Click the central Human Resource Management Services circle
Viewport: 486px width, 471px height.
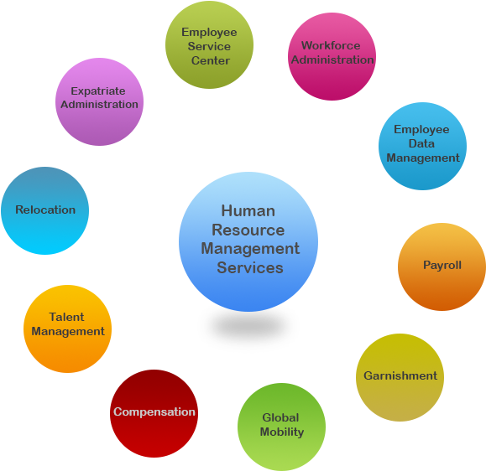(x=248, y=241)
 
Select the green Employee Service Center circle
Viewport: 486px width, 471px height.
(x=209, y=45)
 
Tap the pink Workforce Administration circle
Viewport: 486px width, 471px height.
(x=332, y=56)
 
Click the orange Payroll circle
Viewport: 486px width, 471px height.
(x=442, y=267)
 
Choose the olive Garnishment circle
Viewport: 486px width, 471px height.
(x=400, y=377)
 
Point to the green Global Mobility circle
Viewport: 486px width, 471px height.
(x=281, y=427)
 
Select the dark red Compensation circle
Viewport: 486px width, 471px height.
(x=154, y=413)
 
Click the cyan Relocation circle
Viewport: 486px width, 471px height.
(x=44, y=210)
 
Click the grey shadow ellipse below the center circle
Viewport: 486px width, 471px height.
(x=248, y=328)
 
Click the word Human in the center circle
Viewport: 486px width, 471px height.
(x=248, y=211)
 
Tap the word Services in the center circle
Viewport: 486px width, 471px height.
(x=249, y=268)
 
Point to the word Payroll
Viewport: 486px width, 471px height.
(x=442, y=265)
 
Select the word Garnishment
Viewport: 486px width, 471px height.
(x=400, y=375)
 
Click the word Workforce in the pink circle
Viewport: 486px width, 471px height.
(x=331, y=46)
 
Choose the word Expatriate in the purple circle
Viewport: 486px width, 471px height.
(x=99, y=91)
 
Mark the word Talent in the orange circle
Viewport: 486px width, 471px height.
(x=67, y=318)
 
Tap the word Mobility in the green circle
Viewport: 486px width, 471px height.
(x=281, y=432)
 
